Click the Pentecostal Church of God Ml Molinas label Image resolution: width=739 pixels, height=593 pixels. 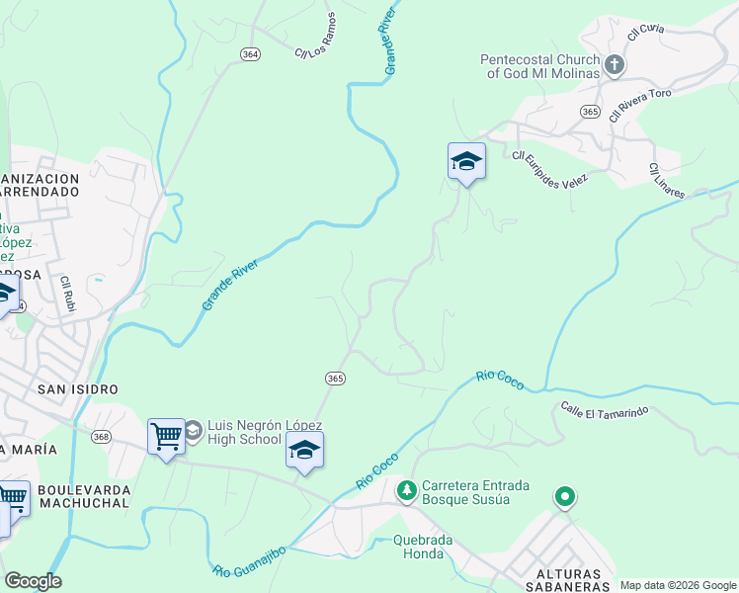[x=540, y=66]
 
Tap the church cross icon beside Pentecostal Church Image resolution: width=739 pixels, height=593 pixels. [x=614, y=66]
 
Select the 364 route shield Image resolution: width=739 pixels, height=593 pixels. [x=251, y=54]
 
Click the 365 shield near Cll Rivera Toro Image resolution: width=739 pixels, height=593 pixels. [x=590, y=112]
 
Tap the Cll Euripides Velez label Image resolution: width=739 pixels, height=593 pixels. [x=549, y=167]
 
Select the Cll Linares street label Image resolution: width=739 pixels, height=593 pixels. [x=667, y=181]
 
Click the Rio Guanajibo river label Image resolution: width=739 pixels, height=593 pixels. [x=249, y=559]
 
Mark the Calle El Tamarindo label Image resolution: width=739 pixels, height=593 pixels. [x=604, y=408]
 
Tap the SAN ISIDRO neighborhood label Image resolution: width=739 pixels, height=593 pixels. [x=78, y=389]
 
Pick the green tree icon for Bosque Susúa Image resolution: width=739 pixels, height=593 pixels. [x=406, y=489]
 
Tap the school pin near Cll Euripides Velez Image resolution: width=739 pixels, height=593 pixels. [x=466, y=161]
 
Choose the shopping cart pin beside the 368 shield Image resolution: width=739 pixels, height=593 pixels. [x=166, y=435]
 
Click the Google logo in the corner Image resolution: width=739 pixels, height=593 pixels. [x=33, y=581]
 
